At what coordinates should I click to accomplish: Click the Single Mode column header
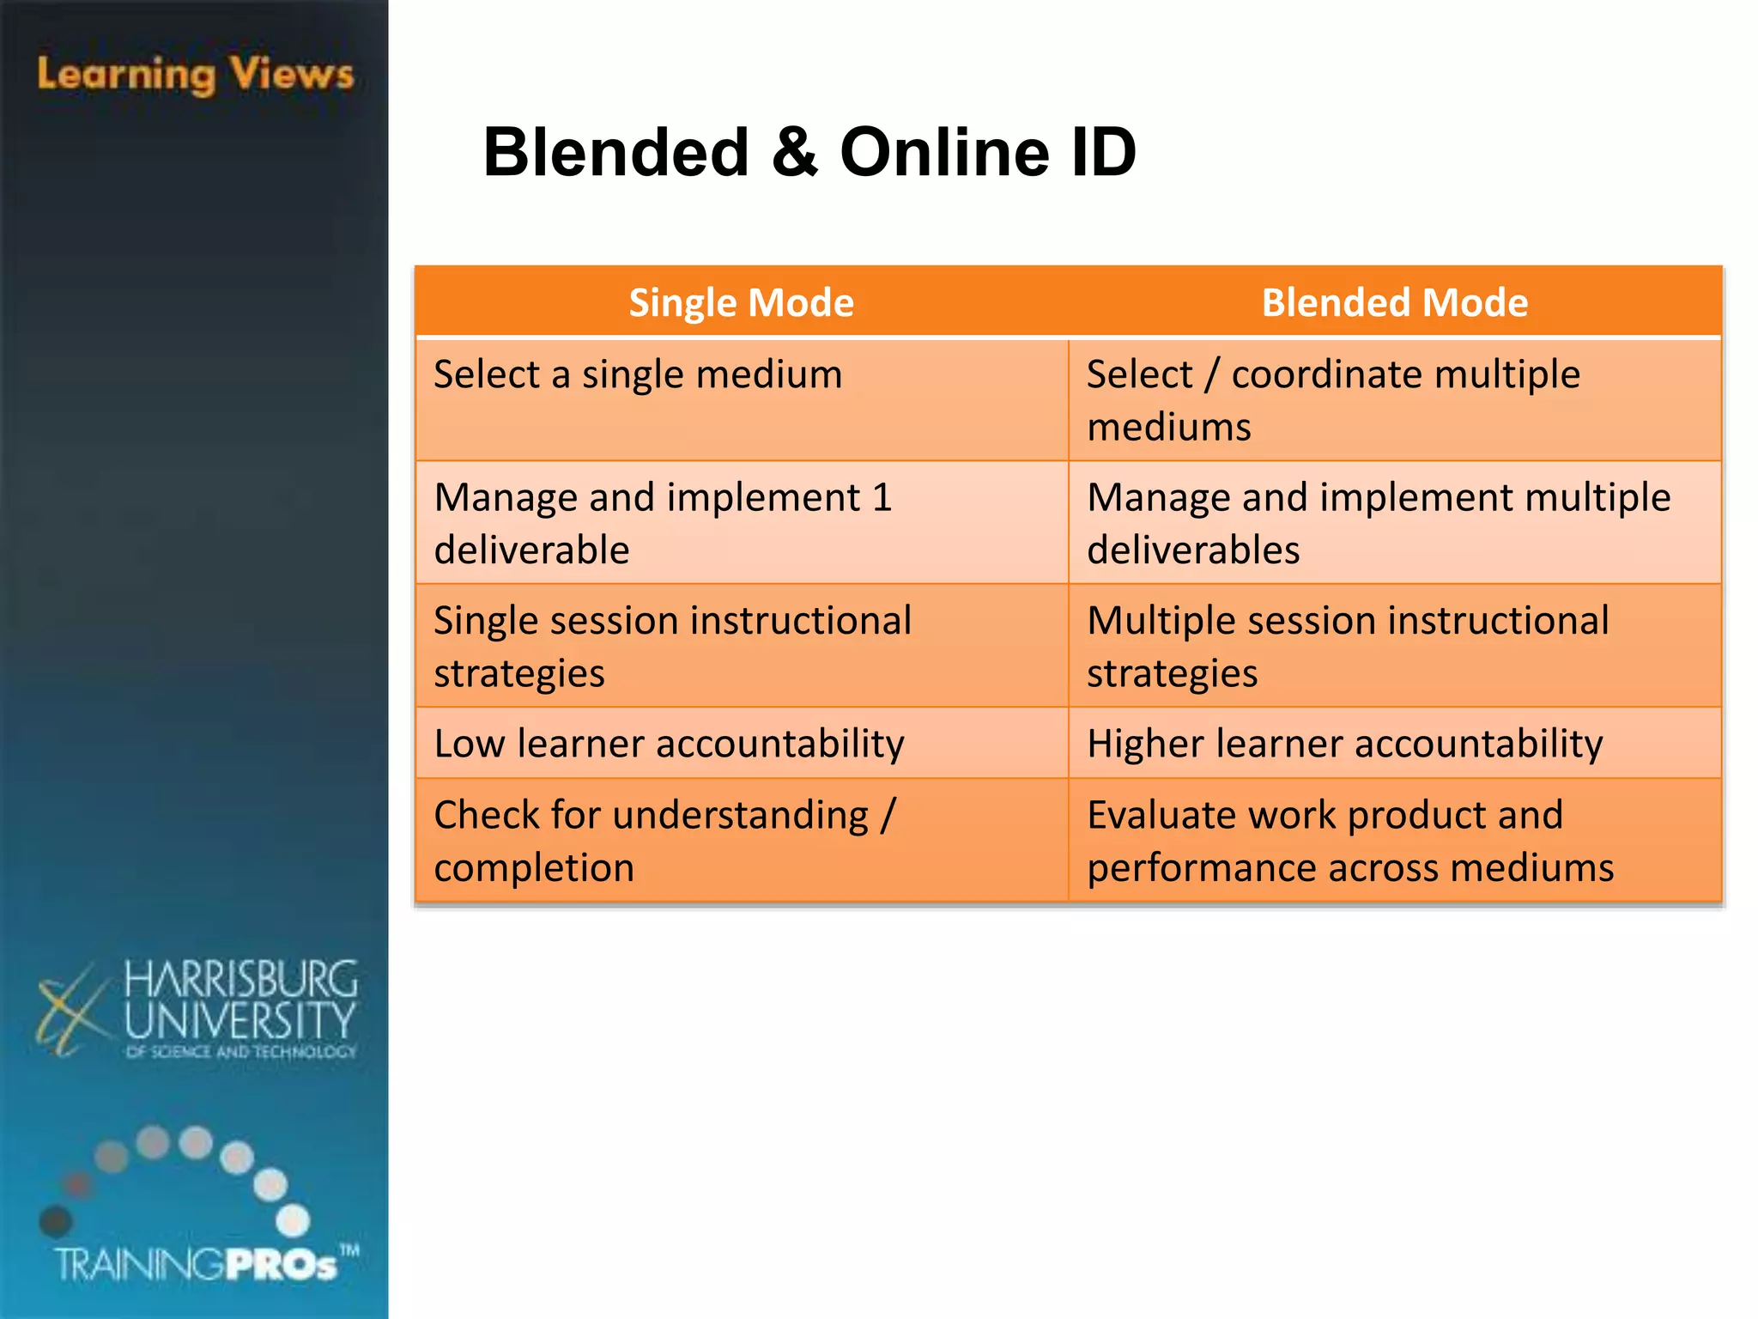(741, 302)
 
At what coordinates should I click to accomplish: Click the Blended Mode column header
(1394, 302)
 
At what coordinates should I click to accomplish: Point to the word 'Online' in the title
(944, 153)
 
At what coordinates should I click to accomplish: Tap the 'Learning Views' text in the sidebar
(195, 75)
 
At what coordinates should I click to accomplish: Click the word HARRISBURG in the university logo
(240, 980)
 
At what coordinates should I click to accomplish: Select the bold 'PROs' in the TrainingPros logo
(282, 1264)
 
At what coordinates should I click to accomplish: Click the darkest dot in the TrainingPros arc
(56, 1220)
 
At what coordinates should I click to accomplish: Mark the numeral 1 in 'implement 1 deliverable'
(882, 498)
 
